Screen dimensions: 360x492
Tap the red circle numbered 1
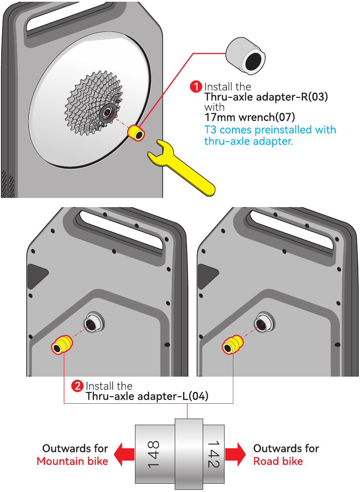(196, 87)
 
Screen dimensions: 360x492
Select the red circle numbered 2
(77, 386)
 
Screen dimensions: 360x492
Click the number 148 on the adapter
(153, 454)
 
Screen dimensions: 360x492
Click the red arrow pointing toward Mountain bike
(124, 454)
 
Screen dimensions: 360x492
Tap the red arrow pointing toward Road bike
(235, 454)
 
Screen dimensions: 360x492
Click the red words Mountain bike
(72, 461)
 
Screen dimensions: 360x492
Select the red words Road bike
(278, 461)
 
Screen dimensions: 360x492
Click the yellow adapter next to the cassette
(136, 133)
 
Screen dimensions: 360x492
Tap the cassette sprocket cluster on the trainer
(93, 103)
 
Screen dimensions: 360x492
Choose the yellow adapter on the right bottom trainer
(232, 344)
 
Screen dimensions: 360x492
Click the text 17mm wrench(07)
(250, 118)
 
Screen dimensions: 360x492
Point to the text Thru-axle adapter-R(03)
(266, 97)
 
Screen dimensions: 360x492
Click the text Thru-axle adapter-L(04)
(147, 396)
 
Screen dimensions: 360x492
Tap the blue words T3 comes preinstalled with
(270, 130)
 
